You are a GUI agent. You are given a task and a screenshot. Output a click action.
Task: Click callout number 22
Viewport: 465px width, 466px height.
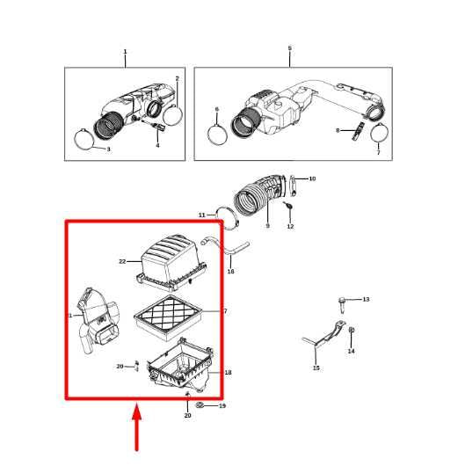coord(122,261)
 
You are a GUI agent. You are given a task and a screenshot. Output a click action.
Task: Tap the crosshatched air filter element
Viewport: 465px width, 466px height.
coord(169,318)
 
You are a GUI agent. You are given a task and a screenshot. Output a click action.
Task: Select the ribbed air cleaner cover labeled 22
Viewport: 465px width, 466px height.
coord(171,262)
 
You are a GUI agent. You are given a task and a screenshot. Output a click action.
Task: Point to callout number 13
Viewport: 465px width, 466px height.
coord(366,299)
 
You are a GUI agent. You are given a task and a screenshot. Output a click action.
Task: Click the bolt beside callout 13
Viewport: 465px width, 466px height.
coord(342,305)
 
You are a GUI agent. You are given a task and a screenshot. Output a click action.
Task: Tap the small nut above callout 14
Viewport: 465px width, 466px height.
coord(352,330)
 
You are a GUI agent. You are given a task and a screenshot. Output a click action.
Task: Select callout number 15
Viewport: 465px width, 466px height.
coord(316,368)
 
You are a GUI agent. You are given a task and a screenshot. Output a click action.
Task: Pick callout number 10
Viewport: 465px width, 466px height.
coord(312,178)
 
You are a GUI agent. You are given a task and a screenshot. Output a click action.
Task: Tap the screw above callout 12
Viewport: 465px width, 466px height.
coord(288,206)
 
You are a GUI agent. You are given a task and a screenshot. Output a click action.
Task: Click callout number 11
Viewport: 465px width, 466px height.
coord(202,215)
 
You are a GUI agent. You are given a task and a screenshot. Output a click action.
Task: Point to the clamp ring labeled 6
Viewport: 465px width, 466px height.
coord(217,135)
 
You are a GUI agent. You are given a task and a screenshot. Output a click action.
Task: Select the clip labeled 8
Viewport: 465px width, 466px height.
coord(358,131)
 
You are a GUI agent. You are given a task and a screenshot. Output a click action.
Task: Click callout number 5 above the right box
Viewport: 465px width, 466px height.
coord(290,47)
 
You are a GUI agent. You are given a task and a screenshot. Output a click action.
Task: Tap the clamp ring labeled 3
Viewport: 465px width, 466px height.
coord(84,139)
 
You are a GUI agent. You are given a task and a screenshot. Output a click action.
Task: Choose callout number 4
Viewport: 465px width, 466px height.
coord(157,145)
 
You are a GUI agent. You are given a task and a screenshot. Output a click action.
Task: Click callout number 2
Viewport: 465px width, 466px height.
coord(178,79)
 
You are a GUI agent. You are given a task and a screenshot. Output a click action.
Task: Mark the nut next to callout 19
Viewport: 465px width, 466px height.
coord(200,404)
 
